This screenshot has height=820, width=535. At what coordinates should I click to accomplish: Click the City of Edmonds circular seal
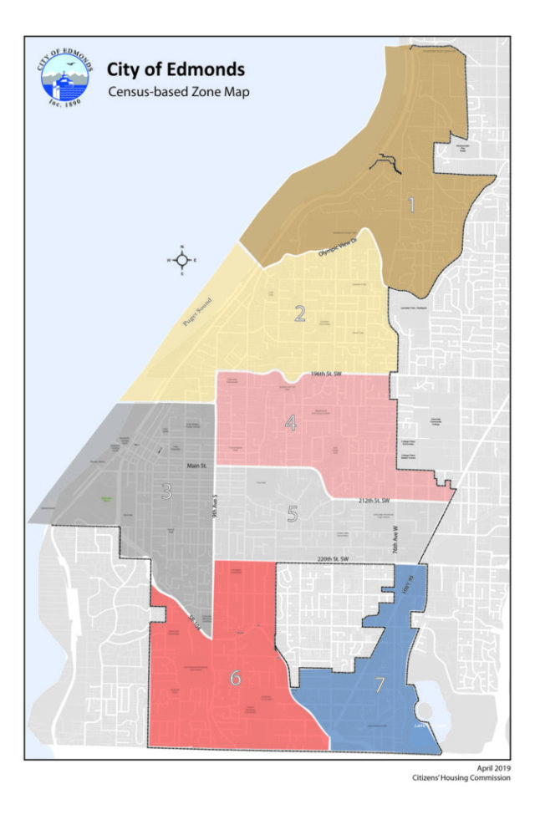[x=65, y=84]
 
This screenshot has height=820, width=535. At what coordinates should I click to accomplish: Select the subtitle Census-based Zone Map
[x=178, y=92]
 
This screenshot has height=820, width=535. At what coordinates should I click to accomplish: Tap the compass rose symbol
[x=182, y=260]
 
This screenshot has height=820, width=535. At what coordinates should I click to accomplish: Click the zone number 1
[x=411, y=205]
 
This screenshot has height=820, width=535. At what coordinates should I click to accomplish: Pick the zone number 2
[x=300, y=313]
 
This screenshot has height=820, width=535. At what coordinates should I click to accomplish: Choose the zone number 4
[x=290, y=423]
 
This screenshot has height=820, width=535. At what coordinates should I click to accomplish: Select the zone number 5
[x=293, y=513]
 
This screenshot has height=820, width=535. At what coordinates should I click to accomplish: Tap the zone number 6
[x=235, y=678]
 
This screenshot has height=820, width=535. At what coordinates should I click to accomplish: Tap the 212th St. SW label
[x=366, y=501]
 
